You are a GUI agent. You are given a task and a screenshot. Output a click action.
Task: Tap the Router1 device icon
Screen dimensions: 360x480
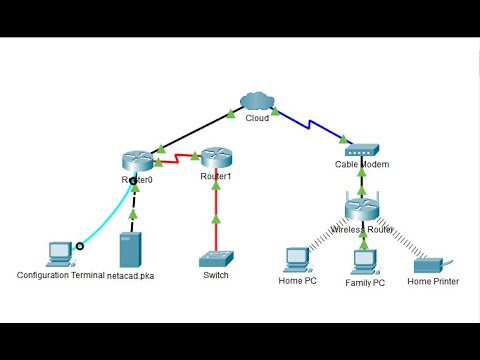(215, 157)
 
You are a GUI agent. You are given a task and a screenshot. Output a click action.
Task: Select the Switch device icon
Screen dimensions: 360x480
(215, 258)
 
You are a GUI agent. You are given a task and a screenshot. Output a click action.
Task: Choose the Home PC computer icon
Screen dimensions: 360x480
(296, 259)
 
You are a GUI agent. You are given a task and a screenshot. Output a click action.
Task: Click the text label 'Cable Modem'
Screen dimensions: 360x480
(361, 165)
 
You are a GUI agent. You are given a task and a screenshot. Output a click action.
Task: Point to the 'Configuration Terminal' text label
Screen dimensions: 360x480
(60, 274)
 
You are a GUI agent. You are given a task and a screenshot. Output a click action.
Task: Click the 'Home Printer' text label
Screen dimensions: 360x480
(433, 282)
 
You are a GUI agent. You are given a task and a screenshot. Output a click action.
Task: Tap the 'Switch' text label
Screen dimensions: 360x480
(215, 275)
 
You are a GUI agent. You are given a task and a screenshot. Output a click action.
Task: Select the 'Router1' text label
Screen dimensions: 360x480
(215, 177)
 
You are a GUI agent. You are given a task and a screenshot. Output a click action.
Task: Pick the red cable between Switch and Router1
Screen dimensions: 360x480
(215, 215)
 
